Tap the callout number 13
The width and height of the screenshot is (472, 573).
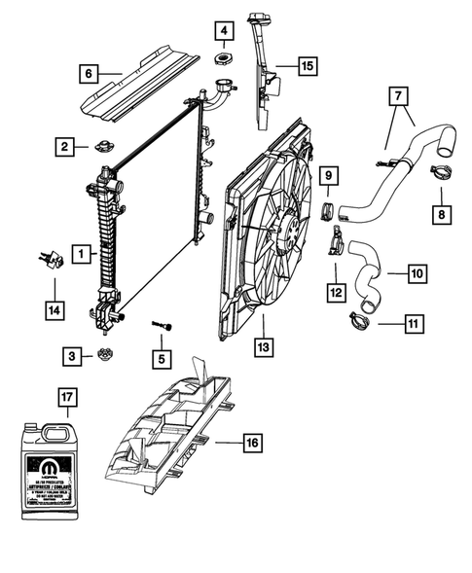pyautogui.click(x=263, y=345)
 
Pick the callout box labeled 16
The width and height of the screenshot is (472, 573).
pyautogui.click(x=250, y=443)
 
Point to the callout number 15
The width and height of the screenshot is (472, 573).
pyautogui.click(x=307, y=67)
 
